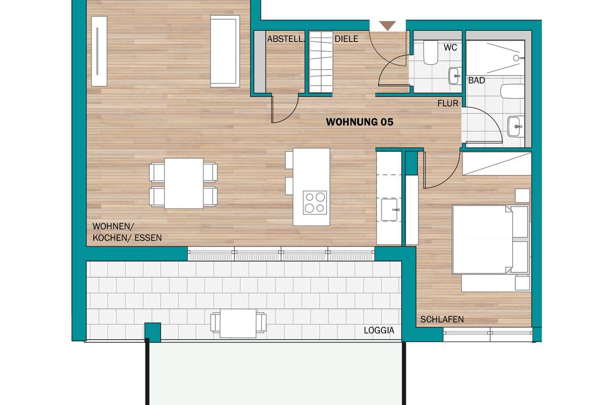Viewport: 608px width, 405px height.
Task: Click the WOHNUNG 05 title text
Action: tap(360, 122)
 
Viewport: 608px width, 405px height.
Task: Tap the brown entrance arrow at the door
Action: tap(387, 25)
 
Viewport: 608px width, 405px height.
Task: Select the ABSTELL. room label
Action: tap(285, 39)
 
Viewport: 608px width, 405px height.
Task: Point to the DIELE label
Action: tap(347, 39)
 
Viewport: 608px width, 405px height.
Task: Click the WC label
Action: tap(450, 48)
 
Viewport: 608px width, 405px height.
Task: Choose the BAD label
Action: tap(477, 80)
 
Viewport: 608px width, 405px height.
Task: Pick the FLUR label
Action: tap(448, 103)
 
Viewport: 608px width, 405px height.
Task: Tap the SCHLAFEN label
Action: tap(442, 319)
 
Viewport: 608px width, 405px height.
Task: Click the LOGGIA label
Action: tap(379, 331)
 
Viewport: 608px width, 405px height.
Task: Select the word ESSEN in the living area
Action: tap(148, 238)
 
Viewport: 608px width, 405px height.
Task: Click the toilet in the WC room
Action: tap(431, 53)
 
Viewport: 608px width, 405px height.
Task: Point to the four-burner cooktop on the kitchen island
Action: tap(315, 202)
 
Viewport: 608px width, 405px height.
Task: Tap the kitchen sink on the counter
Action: tap(389, 210)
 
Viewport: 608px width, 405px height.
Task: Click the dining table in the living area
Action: tap(184, 183)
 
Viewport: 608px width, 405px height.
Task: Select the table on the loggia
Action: tap(238, 323)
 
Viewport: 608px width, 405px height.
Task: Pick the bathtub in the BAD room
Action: tap(512, 92)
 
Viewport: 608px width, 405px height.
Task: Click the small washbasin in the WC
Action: tap(455, 76)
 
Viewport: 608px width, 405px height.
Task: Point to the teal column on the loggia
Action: tap(153, 332)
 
